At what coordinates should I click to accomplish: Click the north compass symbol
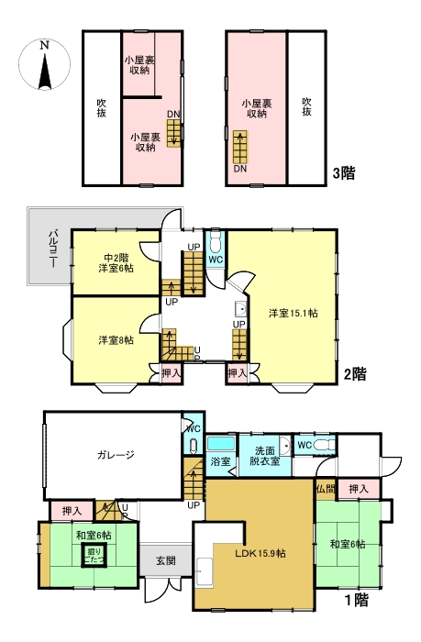pyautogui.click(x=43, y=66)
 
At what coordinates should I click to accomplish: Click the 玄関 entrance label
pyautogui.click(x=166, y=560)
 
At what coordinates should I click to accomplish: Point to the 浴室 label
pyautogui.click(x=220, y=461)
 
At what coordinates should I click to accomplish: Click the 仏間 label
pyautogui.click(x=325, y=490)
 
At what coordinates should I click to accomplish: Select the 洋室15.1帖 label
pyautogui.click(x=293, y=313)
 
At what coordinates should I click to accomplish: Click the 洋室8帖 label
pyautogui.click(x=116, y=340)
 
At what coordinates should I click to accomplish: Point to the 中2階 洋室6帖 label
pyautogui.click(x=116, y=262)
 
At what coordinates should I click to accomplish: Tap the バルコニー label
pyautogui.click(x=52, y=248)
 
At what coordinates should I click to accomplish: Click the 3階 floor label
pyautogui.click(x=344, y=172)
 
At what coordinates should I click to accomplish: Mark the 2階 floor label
pyautogui.click(x=355, y=374)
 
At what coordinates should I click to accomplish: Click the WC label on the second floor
pyautogui.click(x=215, y=259)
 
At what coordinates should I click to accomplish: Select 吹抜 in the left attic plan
pyautogui.click(x=102, y=108)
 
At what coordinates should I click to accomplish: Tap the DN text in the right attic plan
pyautogui.click(x=239, y=169)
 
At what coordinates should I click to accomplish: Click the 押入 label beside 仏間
pyautogui.click(x=359, y=491)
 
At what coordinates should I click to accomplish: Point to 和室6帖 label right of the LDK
pyautogui.click(x=348, y=544)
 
